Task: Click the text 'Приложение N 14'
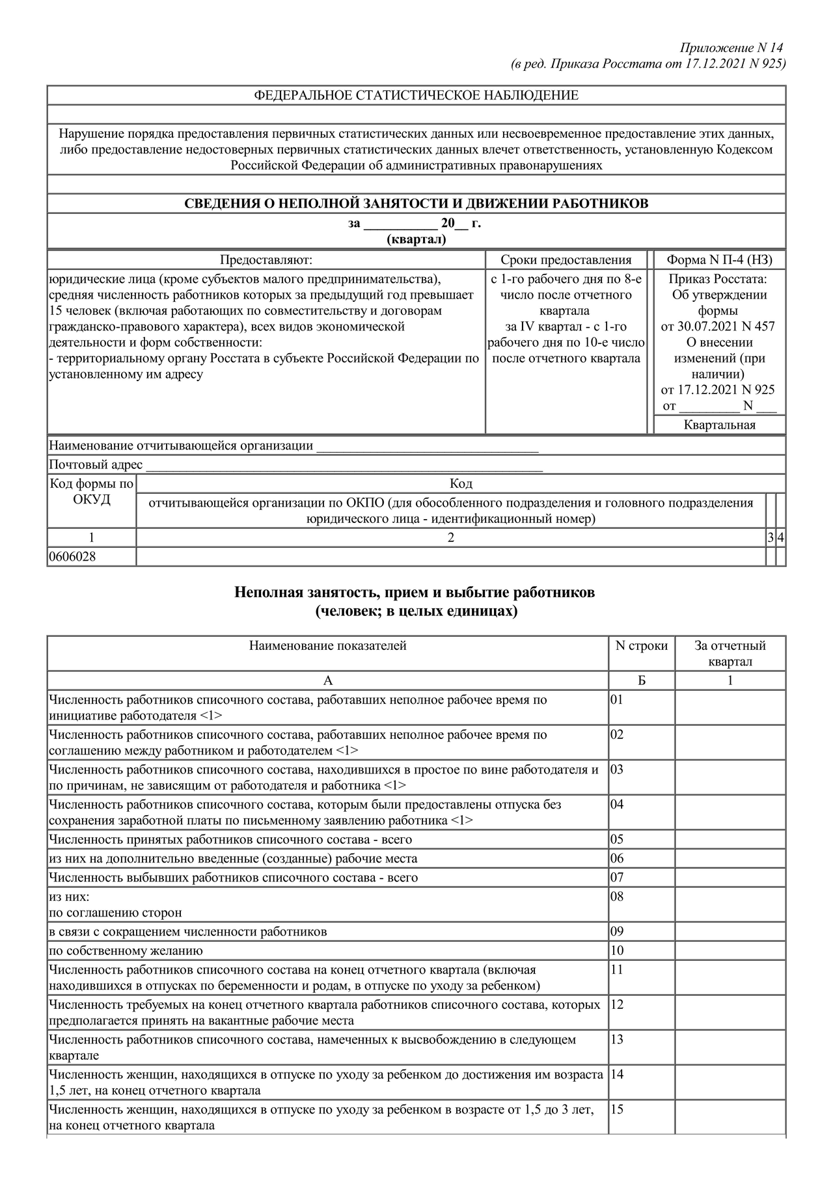tap(731, 48)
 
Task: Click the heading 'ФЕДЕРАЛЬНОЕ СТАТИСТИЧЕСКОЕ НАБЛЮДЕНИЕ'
tap(416, 96)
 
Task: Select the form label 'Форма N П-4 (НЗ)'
tap(719, 260)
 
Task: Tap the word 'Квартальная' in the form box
tap(719, 425)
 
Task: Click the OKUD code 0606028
tap(72, 557)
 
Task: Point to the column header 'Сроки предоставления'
tap(566, 260)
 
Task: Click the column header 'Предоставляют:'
tap(266, 260)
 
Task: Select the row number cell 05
tap(617, 839)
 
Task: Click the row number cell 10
tap(617, 951)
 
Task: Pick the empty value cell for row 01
tap(730, 707)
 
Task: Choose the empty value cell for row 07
tap(730, 877)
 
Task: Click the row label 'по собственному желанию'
tap(126, 951)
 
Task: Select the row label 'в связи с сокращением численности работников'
tap(188, 931)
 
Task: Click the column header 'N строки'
tap(642, 646)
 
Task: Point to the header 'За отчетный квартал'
tap(730, 654)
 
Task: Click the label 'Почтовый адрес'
tap(96, 465)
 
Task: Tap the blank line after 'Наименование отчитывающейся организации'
tap(426, 446)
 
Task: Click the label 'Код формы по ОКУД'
tap(92, 492)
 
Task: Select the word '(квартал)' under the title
tap(416, 239)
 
